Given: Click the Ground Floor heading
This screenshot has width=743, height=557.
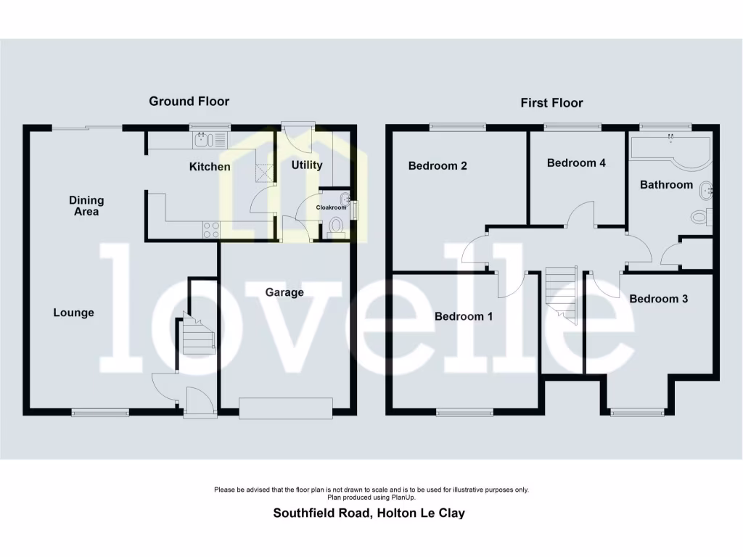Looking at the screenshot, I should (x=189, y=101).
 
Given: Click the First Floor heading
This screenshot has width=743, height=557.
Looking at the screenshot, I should (x=551, y=103).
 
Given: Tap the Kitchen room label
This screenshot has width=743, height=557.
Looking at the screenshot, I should (x=210, y=167).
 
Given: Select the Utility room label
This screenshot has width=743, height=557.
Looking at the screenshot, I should (x=307, y=165).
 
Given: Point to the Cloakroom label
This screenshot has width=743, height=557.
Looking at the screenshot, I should (x=331, y=207).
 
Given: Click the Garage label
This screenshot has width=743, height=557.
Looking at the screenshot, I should (x=284, y=292).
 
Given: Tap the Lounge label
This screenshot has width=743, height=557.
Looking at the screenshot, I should (x=74, y=313).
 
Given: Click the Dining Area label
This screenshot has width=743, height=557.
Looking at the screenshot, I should (x=86, y=206).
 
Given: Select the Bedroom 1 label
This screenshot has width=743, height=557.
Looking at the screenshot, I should (x=464, y=316).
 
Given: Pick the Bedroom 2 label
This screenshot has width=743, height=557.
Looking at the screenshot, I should (x=438, y=165).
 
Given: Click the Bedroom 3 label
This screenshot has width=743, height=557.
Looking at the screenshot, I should (x=658, y=299).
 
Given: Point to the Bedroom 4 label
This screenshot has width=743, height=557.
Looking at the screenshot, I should (x=576, y=162).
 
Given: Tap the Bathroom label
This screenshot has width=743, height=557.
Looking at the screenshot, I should (x=666, y=184).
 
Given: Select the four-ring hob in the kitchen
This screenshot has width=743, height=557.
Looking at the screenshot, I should (x=211, y=230).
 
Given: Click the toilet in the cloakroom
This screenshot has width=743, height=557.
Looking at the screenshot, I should (x=336, y=227).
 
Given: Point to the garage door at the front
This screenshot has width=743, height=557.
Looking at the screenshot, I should (x=286, y=408).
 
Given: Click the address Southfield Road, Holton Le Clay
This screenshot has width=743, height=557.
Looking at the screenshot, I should (x=369, y=513).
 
